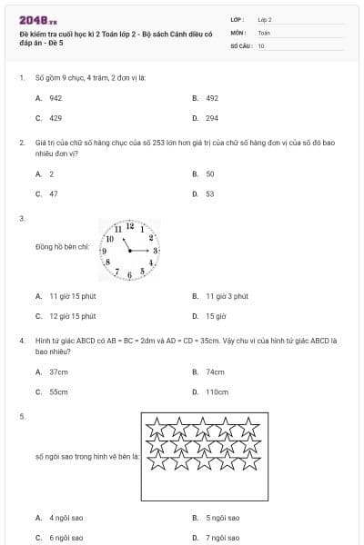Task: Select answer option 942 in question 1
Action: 56,97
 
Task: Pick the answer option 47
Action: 54,193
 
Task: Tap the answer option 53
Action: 210,193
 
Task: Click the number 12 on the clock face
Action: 130,225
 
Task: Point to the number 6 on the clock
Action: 130,274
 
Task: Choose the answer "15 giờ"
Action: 216,316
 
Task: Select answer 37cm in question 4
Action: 58,372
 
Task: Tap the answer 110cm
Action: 217,391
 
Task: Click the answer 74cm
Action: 215,372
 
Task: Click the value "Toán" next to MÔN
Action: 264,32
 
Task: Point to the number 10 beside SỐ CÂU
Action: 261,45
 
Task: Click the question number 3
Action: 22,218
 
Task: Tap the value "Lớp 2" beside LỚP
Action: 265,18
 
